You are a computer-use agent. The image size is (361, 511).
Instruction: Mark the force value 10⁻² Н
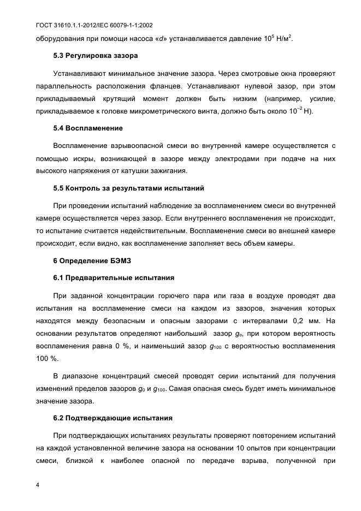299,111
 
